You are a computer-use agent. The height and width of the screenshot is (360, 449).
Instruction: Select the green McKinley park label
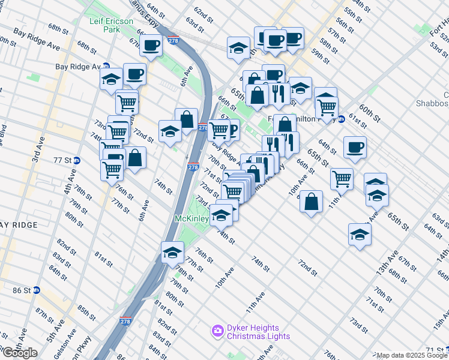pyautogui.click(x=191, y=219)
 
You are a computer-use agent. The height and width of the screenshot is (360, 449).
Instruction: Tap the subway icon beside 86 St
pyautogui.click(x=36, y=290)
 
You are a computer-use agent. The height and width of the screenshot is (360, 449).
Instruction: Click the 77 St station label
pyautogui.click(x=62, y=160)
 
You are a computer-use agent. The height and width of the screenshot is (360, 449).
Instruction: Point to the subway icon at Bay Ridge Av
pyautogui.click(x=106, y=67)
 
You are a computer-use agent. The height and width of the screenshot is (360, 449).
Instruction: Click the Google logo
pyautogui.click(x=20, y=353)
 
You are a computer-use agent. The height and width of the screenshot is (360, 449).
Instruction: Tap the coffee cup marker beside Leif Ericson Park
pyautogui.click(x=150, y=44)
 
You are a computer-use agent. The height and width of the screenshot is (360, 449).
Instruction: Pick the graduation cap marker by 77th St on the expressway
pyautogui.click(x=172, y=252)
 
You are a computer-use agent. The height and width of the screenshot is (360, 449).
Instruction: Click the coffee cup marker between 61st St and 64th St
pyautogui.click(x=355, y=147)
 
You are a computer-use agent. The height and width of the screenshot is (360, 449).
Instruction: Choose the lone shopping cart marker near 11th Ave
pyautogui.click(x=341, y=178)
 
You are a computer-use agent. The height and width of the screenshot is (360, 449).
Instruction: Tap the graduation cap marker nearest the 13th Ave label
pyautogui.click(x=359, y=234)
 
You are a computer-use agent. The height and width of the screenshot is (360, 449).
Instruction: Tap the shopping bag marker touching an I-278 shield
pyautogui.click(x=187, y=119)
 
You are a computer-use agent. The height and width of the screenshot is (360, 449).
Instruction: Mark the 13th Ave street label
pyautogui.click(x=385, y=262)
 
